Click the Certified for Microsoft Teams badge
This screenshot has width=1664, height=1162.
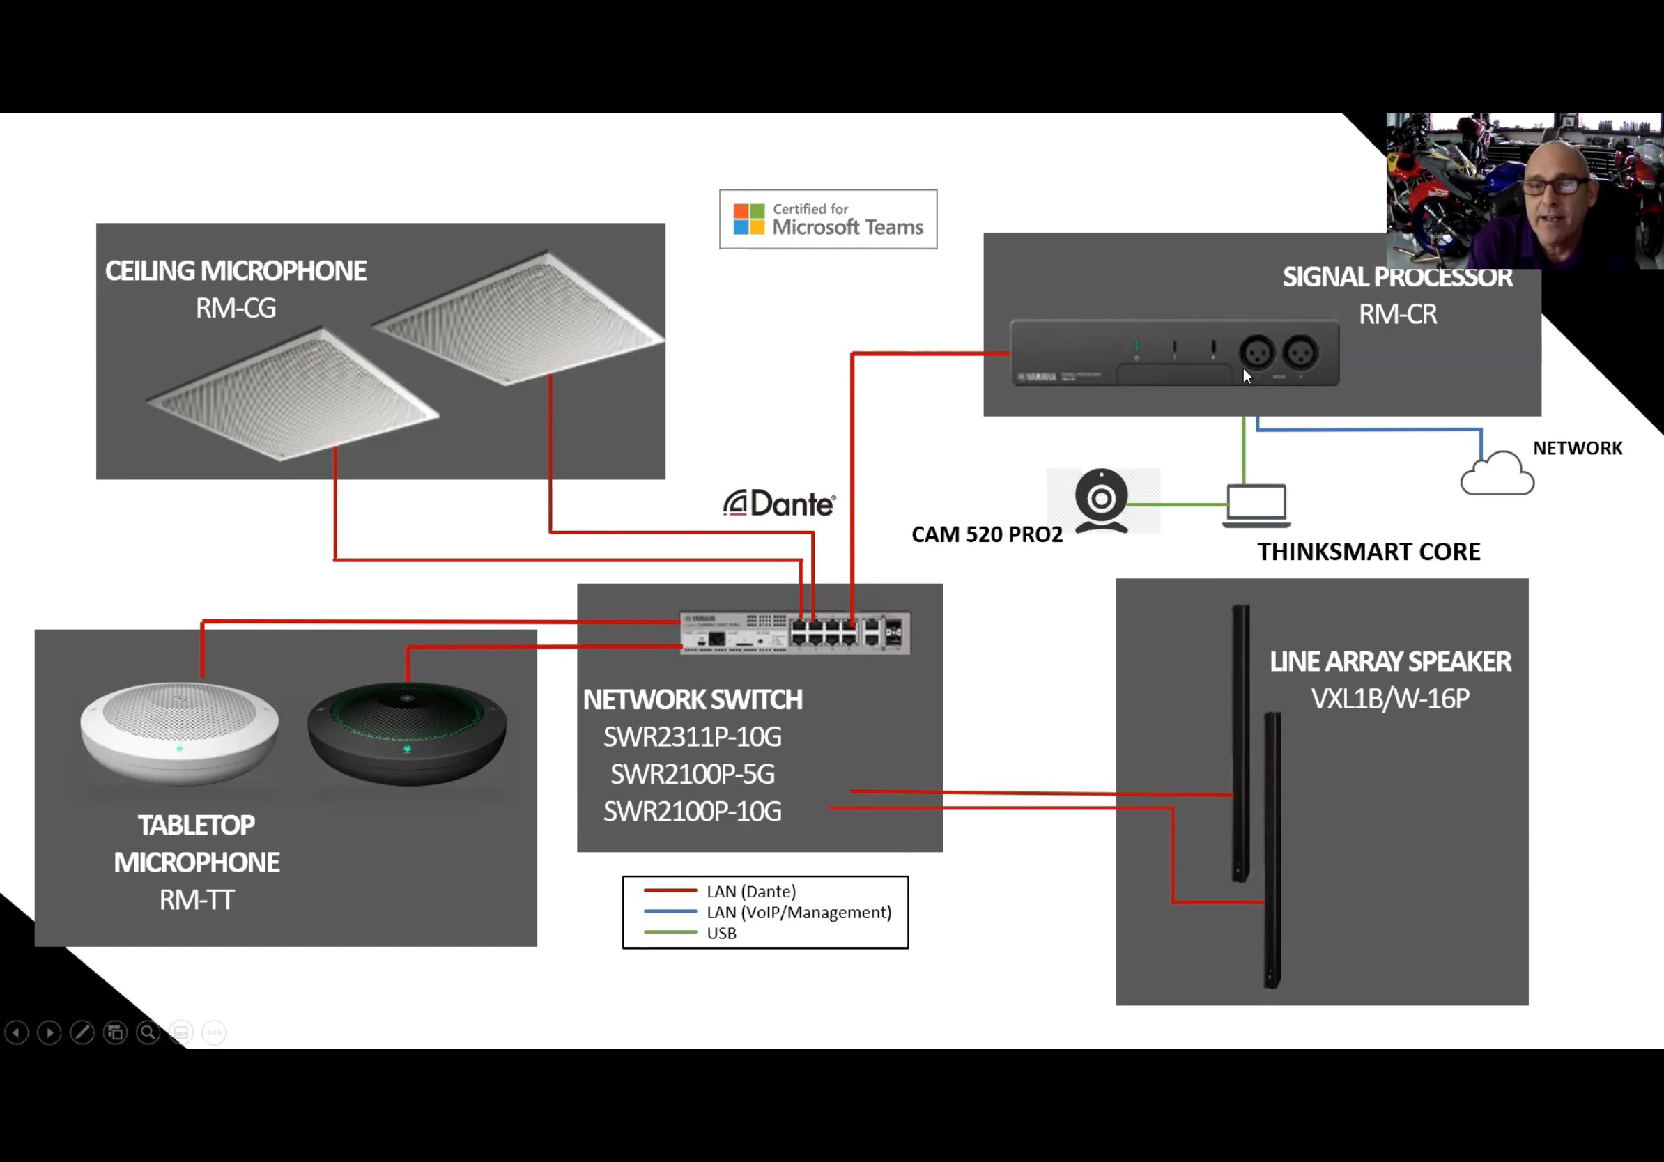point(828,219)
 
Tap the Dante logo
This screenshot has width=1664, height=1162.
point(780,504)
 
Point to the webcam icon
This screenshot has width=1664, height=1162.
point(1101,501)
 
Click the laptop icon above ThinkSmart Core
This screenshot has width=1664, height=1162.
point(1256,505)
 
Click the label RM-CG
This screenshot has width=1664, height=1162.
point(236,309)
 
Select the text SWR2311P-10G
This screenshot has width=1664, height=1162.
point(692,738)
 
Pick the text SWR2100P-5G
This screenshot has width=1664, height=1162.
point(692,775)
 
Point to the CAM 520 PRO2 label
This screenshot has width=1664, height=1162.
point(987,534)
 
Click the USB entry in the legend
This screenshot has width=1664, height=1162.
point(721,933)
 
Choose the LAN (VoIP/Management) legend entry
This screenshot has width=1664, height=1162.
point(799,912)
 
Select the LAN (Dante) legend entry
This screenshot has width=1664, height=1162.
point(751,891)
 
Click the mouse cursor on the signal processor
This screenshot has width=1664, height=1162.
point(1247,375)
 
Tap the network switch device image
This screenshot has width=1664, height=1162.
point(795,633)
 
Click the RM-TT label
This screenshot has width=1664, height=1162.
point(197,900)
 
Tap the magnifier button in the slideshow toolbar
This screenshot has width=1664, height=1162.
point(148,1032)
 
